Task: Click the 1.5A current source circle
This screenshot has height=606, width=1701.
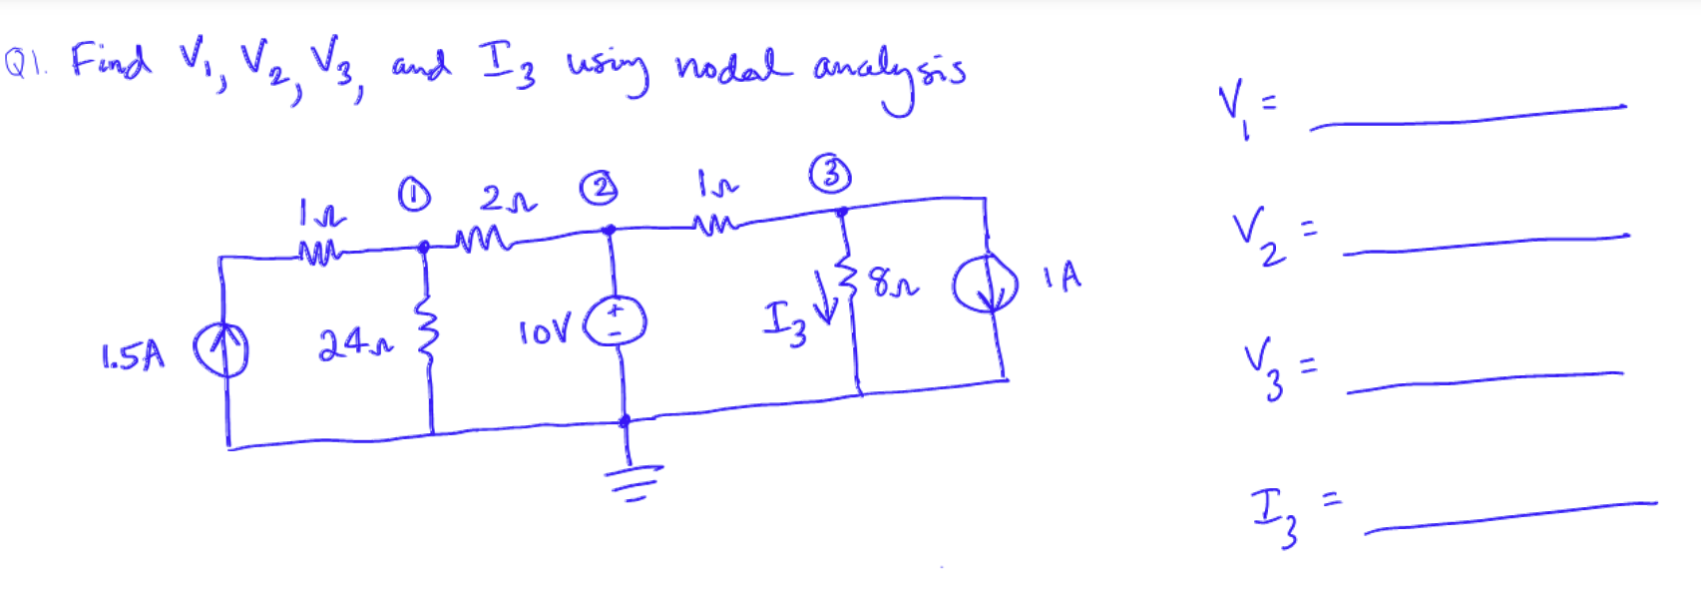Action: (220, 352)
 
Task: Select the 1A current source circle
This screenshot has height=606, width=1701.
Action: (985, 287)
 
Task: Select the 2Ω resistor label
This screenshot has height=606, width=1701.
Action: (507, 199)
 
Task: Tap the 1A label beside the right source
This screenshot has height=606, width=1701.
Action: (1063, 276)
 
